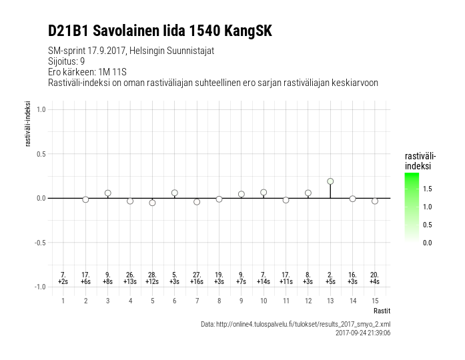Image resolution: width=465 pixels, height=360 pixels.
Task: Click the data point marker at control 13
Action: (330, 181)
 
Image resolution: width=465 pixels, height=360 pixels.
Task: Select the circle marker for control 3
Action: (107, 193)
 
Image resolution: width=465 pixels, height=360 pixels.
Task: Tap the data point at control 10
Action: (264, 192)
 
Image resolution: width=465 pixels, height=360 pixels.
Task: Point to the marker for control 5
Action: (152, 203)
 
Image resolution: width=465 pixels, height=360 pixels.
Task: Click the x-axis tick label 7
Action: (197, 301)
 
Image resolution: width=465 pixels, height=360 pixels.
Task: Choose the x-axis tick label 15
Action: (375, 301)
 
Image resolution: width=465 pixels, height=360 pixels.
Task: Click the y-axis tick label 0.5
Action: (40, 154)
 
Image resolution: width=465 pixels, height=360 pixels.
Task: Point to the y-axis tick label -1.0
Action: (39, 287)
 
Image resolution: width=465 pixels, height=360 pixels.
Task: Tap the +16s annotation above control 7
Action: (197, 281)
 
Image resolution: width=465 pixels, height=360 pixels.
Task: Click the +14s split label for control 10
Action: (264, 281)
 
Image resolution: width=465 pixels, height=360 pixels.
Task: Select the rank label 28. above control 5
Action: (152, 275)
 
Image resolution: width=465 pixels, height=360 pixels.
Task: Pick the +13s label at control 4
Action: (130, 281)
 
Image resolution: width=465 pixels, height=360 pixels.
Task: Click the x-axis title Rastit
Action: (382, 311)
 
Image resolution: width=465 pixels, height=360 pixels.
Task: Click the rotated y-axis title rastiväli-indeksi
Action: (28, 123)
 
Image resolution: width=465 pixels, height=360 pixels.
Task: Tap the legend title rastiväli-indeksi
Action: (420, 160)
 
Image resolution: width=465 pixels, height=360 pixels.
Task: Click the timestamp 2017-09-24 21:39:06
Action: (362, 332)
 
